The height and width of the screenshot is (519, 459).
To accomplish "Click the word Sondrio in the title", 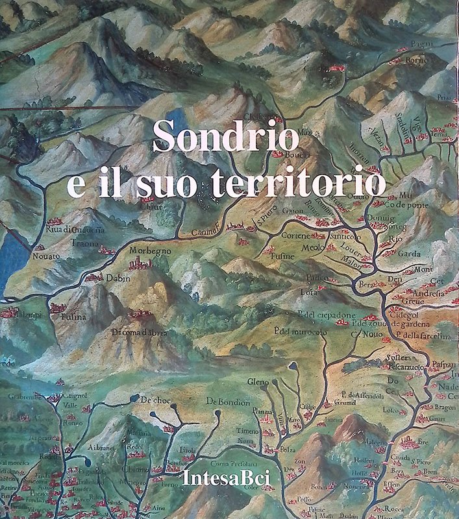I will [x=226, y=138].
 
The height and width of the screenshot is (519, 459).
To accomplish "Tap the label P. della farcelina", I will [x=423, y=335].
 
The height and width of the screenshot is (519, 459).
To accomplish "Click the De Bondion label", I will [x=228, y=402].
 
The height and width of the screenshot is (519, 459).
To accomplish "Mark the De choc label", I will [x=155, y=399].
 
